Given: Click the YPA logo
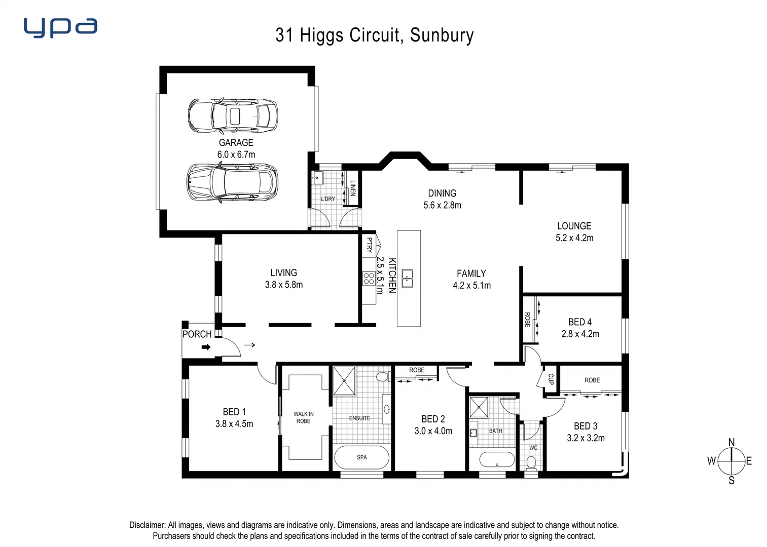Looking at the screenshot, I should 60,28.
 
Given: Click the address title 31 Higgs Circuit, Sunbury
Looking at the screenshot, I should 375,35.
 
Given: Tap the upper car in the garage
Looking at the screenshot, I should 233,115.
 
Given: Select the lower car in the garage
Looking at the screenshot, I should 232,182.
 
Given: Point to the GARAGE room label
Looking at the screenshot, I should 236,143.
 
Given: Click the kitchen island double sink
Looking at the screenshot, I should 407,278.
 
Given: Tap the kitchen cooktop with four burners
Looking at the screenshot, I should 369,278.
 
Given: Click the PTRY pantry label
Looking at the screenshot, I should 369,245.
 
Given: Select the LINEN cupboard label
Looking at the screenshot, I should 353,188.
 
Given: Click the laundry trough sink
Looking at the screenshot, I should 318,177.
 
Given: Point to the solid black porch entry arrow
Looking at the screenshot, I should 206,347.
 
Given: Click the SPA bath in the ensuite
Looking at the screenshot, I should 361,457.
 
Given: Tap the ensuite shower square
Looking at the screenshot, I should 344,381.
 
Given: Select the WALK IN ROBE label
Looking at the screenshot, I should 303,417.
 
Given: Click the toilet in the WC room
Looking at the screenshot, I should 531,462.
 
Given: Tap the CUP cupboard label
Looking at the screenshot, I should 551,379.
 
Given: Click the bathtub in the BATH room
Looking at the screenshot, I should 496,460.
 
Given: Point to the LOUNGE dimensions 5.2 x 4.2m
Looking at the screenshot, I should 574,238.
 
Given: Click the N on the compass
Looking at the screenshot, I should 731,443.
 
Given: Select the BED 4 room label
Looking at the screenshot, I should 579,322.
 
